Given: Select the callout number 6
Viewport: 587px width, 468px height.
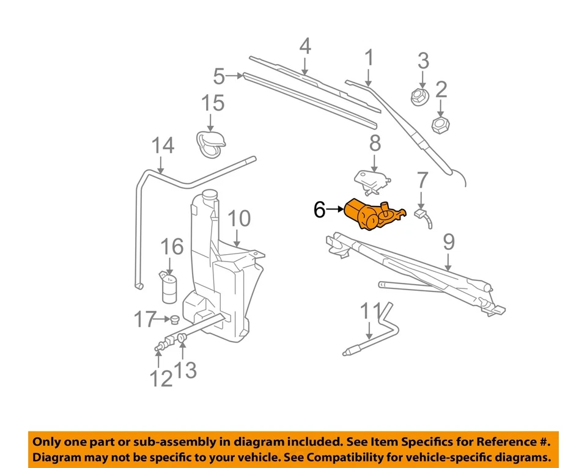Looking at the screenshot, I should [320, 210].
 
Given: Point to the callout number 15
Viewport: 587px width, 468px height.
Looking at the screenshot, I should [213, 104].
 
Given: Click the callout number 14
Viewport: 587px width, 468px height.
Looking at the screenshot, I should [163, 146].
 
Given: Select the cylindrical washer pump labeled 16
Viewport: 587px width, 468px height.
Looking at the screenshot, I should [169, 287].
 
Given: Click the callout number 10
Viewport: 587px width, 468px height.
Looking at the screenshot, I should [239, 219].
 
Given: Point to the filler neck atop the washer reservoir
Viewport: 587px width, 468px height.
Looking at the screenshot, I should [209, 198].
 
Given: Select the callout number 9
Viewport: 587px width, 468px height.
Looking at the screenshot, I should [448, 243].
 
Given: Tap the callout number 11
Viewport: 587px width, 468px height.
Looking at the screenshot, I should [370, 311].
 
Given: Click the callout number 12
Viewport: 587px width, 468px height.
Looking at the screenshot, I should [161, 379].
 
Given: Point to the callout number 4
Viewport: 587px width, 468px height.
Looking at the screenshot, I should [305, 46].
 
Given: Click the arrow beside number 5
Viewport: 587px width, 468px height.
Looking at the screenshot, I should [235, 76].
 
